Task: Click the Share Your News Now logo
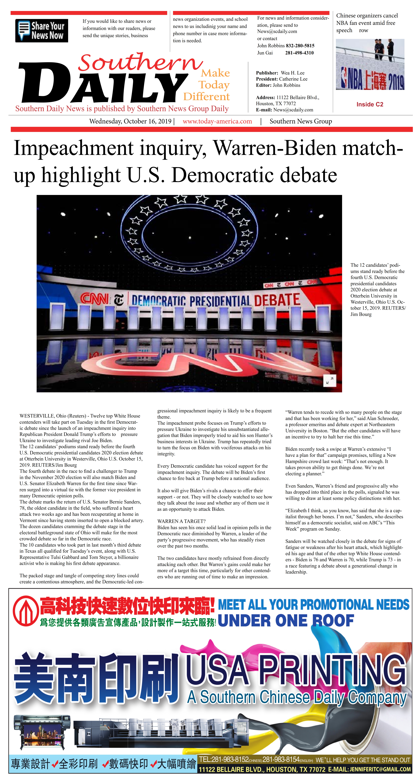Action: (42, 31)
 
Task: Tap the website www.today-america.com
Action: (217, 121)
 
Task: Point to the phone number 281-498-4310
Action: (299, 53)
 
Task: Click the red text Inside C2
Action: (370, 104)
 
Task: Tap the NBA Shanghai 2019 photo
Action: (370, 64)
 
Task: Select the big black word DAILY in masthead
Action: (103, 83)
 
